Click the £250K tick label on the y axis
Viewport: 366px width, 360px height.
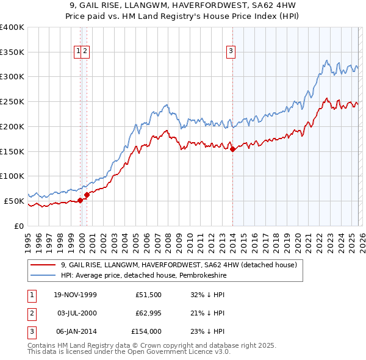[12, 102]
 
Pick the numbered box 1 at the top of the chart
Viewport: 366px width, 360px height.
[79, 52]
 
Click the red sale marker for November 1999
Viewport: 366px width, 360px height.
[81, 200]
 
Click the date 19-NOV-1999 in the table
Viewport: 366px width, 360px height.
[75, 295]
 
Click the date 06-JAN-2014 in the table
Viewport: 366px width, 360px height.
[75, 331]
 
